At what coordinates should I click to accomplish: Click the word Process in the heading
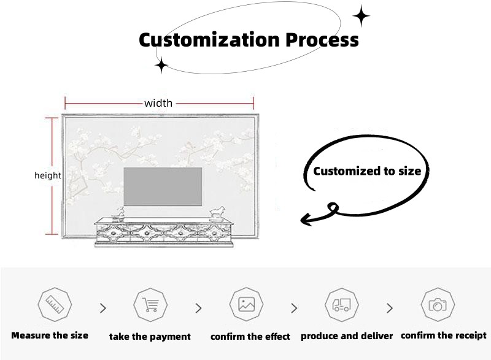(x=322, y=40)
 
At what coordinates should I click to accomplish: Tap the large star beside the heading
(x=361, y=17)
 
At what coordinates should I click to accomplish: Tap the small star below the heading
(x=161, y=65)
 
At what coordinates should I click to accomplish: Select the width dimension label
(x=158, y=103)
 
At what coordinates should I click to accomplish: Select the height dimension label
(x=47, y=175)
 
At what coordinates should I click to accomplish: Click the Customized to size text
(x=367, y=171)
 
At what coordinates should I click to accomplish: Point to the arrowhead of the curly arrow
(x=304, y=218)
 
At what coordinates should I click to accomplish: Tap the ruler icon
(x=55, y=304)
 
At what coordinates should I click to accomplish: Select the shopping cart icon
(x=150, y=304)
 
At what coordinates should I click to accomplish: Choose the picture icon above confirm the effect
(x=246, y=304)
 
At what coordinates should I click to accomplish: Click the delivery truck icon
(x=341, y=304)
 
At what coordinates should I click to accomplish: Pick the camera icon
(x=438, y=304)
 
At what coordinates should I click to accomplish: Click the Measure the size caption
(x=50, y=335)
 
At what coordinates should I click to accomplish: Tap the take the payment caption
(x=150, y=336)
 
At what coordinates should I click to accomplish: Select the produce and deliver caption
(x=347, y=336)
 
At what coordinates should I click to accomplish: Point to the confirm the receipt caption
(x=444, y=335)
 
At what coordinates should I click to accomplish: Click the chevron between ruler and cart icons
(x=102, y=308)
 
